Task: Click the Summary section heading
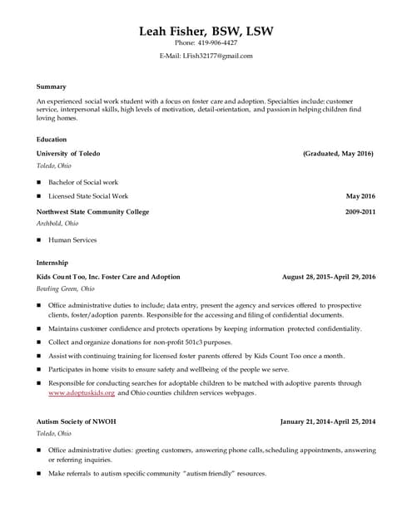(52, 86)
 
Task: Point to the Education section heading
(52, 140)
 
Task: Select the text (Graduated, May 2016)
(338, 154)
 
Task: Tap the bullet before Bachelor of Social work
(39, 182)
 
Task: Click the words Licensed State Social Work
(88, 196)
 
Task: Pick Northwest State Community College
(93, 212)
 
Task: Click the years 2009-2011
(360, 212)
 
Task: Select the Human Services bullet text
(72, 240)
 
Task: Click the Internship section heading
(52, 263)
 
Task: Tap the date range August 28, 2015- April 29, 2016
(329, 276)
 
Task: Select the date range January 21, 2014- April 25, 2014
(328, 421)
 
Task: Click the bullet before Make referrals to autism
(39, 473)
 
